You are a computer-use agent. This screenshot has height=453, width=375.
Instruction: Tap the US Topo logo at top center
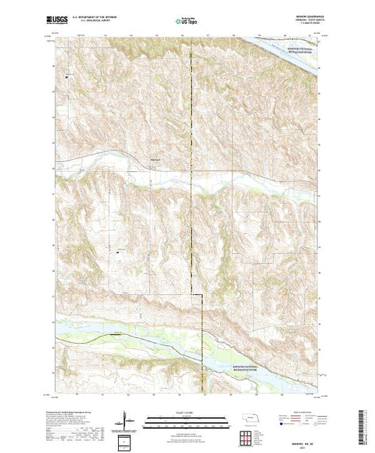coord(186,22)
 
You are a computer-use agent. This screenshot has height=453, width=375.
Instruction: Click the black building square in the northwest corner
coord(67,75)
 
